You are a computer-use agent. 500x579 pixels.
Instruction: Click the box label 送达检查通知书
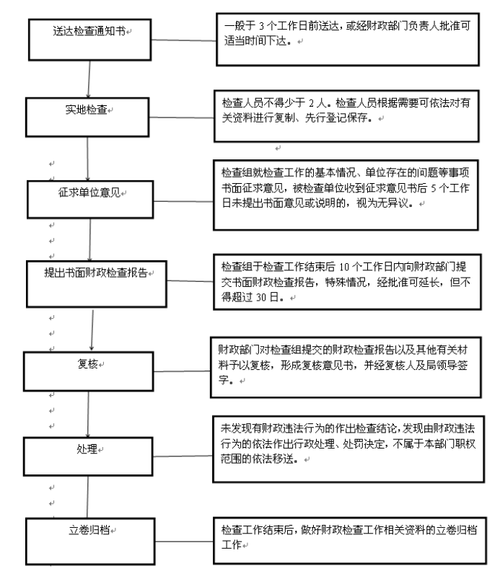tap(89, 31)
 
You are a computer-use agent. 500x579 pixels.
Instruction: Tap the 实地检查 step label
tap(86, 110)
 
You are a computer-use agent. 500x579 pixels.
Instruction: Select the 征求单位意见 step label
tap(89, 192)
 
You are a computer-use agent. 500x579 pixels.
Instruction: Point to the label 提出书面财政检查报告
tap(96, 273)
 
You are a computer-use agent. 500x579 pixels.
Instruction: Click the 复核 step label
tap(87, 363)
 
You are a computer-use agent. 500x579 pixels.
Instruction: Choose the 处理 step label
tap(87, 448)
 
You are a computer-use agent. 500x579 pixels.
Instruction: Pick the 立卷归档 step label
tap(89, 530)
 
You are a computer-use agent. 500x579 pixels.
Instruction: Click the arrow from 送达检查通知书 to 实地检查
tap(89, 79)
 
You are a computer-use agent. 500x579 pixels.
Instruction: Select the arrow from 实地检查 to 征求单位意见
tap(87, 159)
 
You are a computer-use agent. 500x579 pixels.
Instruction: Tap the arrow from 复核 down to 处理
tap(88, 415)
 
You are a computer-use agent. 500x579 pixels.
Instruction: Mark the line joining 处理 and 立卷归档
tap(87, 497)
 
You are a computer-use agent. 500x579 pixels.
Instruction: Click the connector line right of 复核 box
tap(181, 371)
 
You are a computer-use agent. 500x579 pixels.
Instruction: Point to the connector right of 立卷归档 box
tap(184, 542)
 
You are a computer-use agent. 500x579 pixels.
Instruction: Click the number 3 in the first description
tap(261, 26)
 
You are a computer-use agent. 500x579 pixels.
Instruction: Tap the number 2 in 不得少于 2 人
tap(311, 103)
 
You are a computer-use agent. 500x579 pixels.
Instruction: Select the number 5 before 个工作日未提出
tap(434, 188)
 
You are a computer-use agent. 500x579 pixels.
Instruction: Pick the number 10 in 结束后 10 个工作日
tap(344, 267)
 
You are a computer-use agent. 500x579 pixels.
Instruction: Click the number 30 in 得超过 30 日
tap(261, 297)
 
